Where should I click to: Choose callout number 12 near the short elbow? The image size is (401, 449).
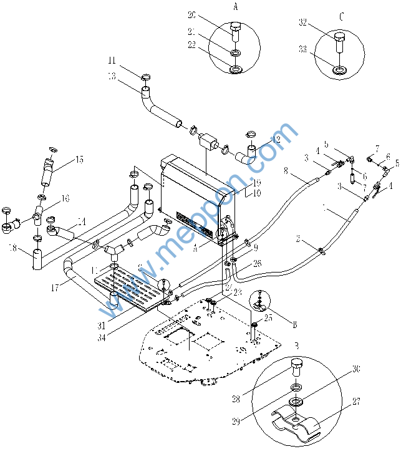[x=276, y=140]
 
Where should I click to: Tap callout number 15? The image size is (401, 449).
[x=79, y=160]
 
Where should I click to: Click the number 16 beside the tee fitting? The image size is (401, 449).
[x=65, y=198]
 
